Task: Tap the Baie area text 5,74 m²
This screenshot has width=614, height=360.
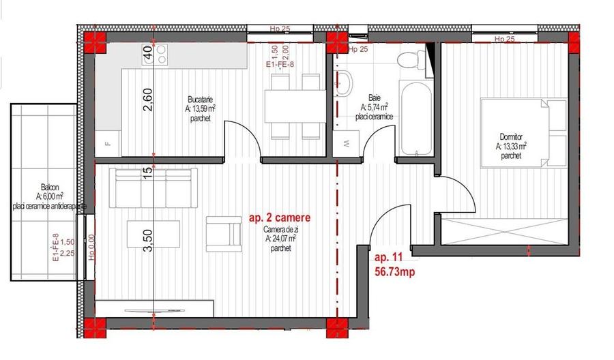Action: click(374, 107)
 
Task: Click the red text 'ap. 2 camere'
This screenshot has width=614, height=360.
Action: click(279, 218)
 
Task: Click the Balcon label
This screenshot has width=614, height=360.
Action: click(49, 187)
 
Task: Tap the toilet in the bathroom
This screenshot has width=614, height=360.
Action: click(409, 61)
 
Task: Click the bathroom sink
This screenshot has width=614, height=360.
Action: click(345, 84)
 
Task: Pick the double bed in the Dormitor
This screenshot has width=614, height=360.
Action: click(523, 132)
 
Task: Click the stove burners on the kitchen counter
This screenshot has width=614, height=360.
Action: click(162, 52)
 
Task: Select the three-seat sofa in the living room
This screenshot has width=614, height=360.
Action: click(152, 189)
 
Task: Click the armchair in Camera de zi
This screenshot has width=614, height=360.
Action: click(224, 232)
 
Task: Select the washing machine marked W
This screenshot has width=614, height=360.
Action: click(346, 144)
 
